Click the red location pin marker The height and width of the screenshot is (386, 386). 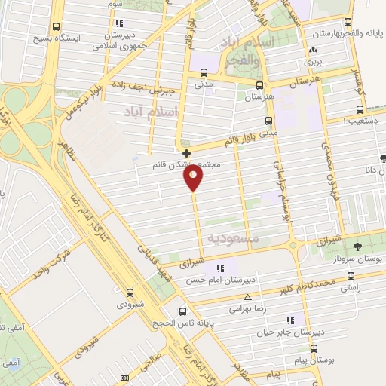tap(194, 178)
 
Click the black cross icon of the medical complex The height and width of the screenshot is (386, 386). tap(186, 153)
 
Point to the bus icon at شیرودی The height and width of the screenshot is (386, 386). tap(130, 293)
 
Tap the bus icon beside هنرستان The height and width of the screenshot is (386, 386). tap(259, 85)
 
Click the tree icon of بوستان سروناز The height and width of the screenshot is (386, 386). tap(357, 247)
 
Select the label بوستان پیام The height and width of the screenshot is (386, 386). tap(314, 361)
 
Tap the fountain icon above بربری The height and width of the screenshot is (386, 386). tap(312, 51)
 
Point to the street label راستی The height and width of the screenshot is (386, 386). tap(351, 287)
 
